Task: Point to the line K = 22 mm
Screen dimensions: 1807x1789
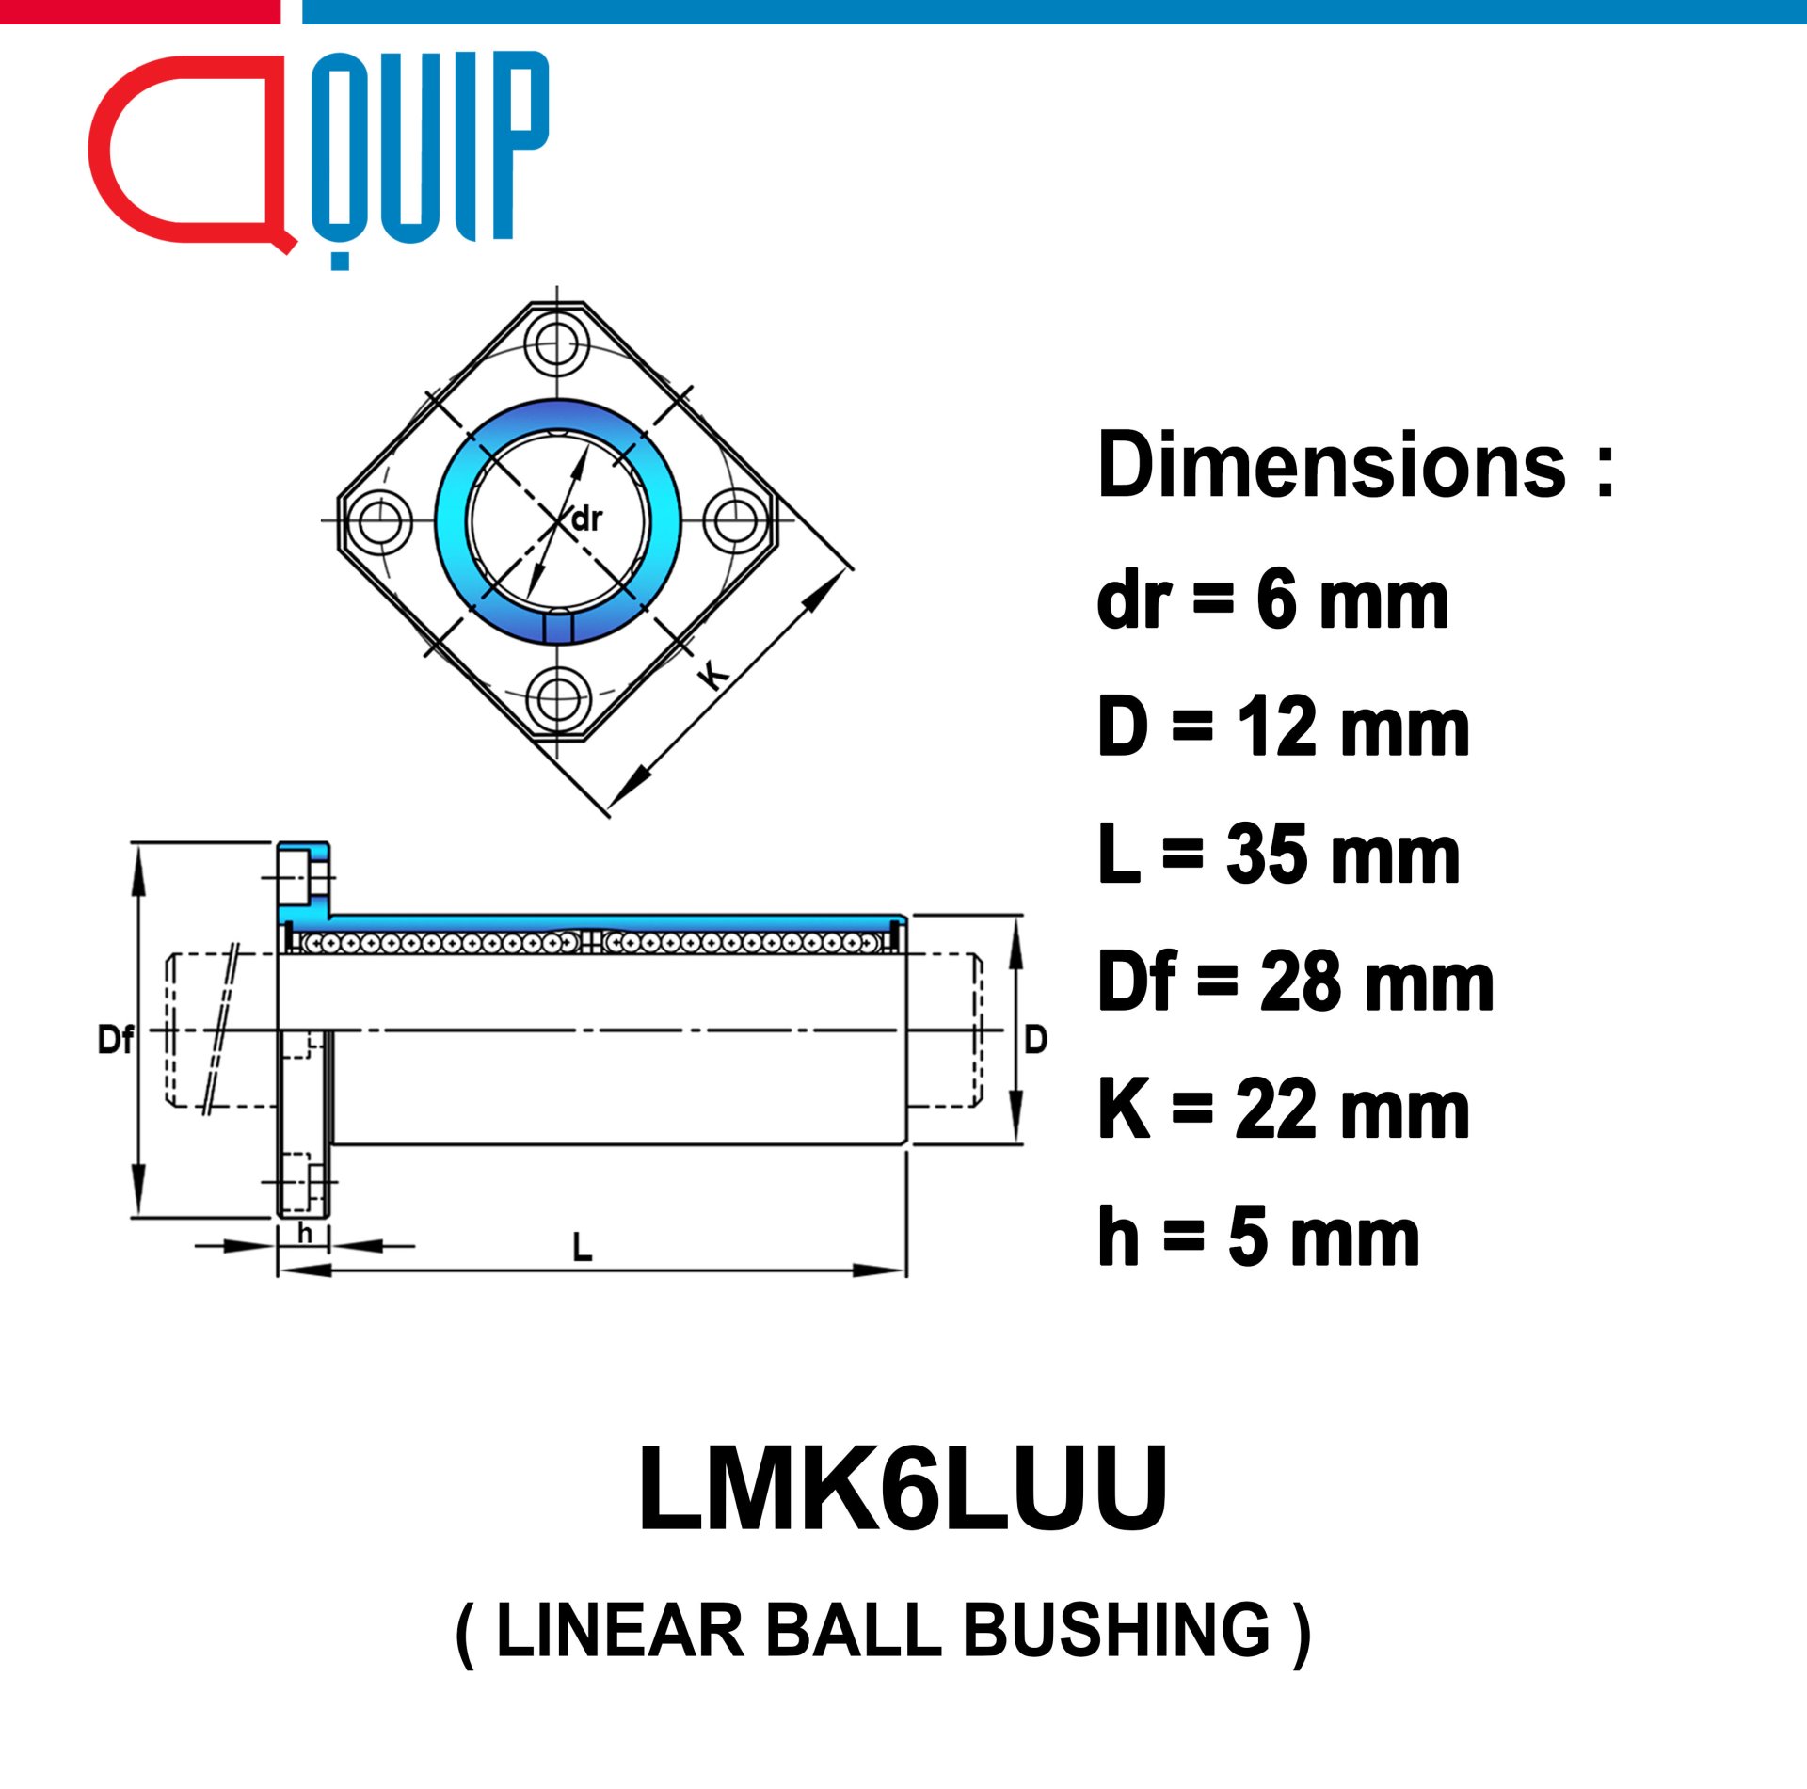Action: click(x=1283, y=1110)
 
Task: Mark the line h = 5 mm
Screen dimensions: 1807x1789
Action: click(x=1258, y=1237)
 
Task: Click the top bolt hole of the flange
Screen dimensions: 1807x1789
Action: click(x=557, y=344)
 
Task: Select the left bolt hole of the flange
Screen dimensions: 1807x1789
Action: click(x=379, y=520)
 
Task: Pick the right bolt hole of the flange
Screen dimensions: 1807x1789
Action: click(x=736, y=520)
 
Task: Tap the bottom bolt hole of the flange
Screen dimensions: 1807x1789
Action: click(x=557, y=697)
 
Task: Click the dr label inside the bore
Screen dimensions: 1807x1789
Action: click(x=586, y=519)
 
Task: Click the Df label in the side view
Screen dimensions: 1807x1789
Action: click(x=116, y=1040)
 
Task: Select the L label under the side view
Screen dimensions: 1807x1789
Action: click(x=583, y=1248)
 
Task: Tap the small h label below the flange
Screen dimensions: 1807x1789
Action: click(x=304, y=1232)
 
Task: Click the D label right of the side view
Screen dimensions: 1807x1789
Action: click(x=1035, y=1040)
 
